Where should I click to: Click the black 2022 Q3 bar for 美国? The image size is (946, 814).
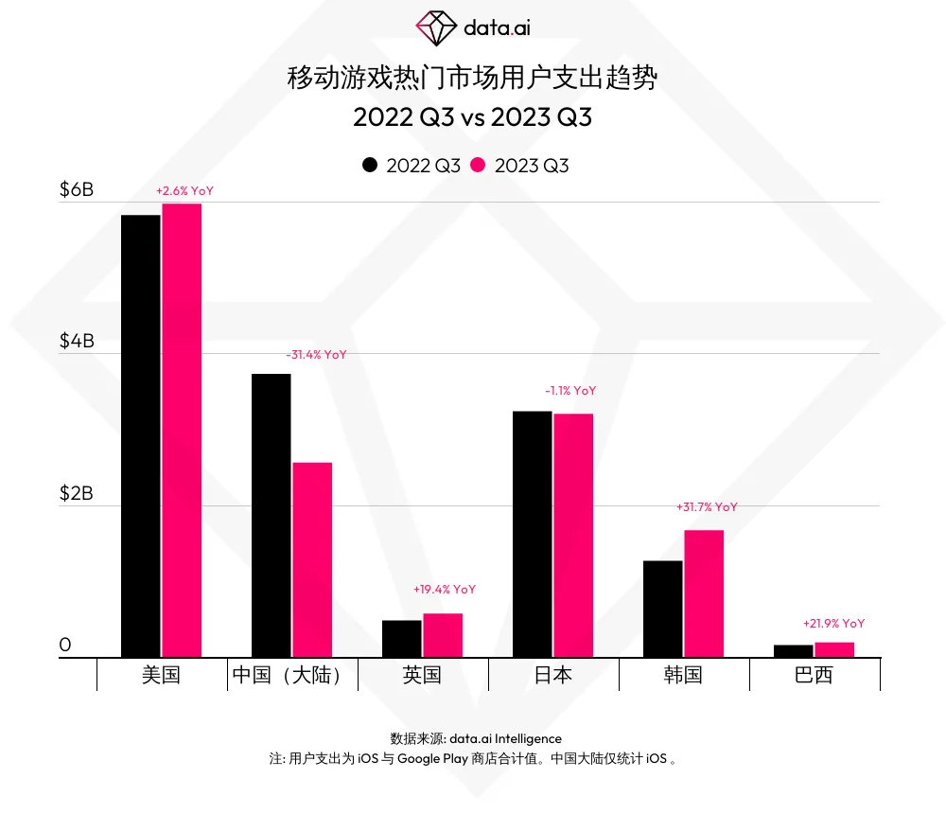point(140,435)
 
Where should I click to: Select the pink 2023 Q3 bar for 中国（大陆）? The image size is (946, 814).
point(312,559)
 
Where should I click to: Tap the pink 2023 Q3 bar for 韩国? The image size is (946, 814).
point(704,593)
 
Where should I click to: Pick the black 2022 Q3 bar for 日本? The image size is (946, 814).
point(532,534)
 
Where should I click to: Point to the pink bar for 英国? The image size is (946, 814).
point(443,635)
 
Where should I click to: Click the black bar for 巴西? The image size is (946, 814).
point(793,651)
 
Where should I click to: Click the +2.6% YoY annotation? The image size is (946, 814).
point(184,191)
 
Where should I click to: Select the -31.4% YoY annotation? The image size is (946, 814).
point(316,355)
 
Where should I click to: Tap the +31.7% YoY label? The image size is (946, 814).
point(707,507)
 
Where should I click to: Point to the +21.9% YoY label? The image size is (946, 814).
point(833,624)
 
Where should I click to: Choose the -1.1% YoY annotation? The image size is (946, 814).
point(570,391)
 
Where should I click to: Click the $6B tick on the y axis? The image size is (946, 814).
point(77,190)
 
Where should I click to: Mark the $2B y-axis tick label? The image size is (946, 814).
point(77,494)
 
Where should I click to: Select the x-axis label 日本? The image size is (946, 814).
point(553,675)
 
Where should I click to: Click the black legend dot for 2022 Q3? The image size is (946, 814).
point(370,166)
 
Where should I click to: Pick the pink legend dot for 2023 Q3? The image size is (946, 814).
point(478,166)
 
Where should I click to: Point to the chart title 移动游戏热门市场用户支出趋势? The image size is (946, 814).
point(472,78)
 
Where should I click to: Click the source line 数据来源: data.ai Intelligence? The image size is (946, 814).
point(476,738)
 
